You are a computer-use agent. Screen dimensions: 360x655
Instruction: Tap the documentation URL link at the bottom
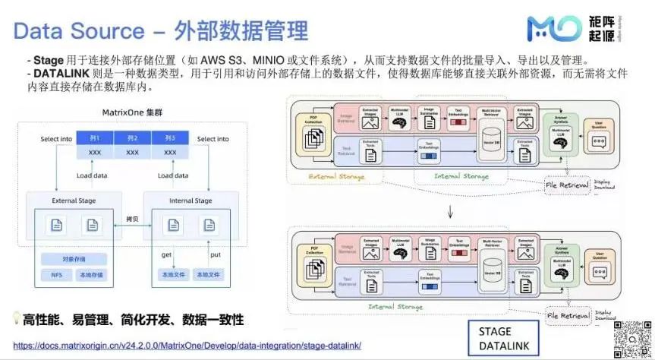pos(187,346)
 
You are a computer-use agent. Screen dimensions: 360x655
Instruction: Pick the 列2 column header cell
pos(132,137)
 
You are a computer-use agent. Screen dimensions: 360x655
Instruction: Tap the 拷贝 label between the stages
pos(130,219)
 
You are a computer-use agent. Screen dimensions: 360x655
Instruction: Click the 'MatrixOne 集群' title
pos(132,112)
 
